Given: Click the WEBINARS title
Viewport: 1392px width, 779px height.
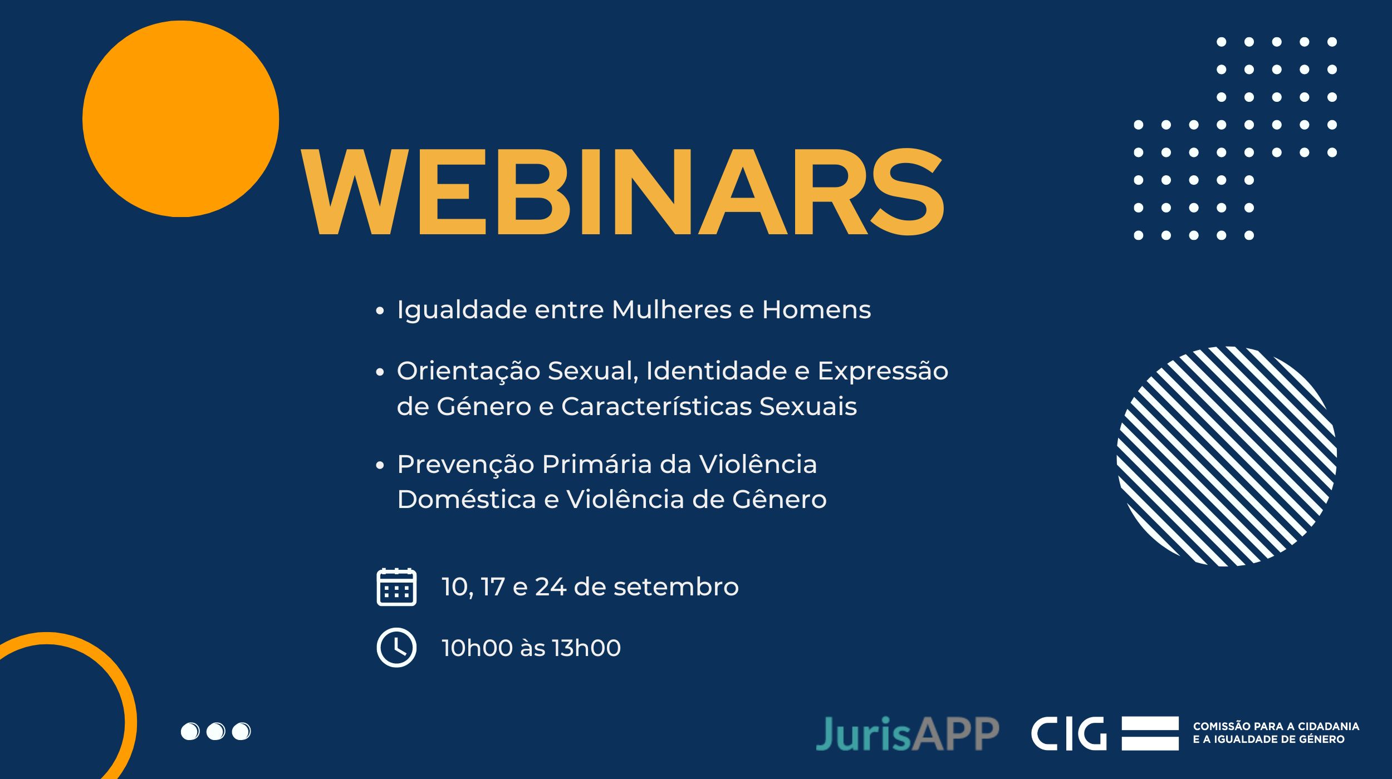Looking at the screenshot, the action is point(623,191).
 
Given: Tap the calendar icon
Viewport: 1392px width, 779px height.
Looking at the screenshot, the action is point(396,586).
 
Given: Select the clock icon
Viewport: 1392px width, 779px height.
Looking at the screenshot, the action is point(396,647).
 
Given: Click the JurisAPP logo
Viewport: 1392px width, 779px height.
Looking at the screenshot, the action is point(908,734).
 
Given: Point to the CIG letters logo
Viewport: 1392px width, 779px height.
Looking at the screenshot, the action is point(1068,733).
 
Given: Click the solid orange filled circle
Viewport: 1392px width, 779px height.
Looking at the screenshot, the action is point(180,119).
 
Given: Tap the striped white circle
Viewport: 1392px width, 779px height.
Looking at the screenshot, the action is point(1227,456).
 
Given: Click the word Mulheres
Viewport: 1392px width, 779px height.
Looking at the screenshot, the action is point(672,309).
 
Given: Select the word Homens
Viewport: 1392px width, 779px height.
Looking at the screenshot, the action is point(816,309).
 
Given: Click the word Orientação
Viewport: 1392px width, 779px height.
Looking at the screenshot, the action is point(468,372).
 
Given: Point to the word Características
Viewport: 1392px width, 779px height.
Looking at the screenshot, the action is point(656,406).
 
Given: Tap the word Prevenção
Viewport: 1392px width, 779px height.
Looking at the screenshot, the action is point(465,465).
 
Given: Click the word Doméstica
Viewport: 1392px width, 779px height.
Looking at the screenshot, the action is point(466,499).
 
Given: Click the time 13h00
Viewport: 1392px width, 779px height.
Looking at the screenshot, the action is point(586,648).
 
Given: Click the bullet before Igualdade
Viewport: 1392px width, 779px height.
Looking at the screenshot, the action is point(380,310).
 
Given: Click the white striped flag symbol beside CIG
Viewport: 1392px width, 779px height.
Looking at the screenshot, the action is point(1150,733).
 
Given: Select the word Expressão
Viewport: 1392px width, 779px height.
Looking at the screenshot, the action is point(883,372).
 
